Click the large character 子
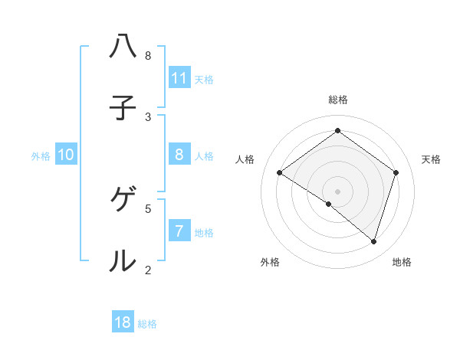click(x=123, y=108)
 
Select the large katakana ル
click(x=123, y=261)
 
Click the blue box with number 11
click(x=179, y=77)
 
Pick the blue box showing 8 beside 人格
click(x=179, y=155)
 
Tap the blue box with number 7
click(x=179, y=231)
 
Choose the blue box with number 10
click(x=66, y=155)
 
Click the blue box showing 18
click(x=123, y=322)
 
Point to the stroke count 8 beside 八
click(x=148, y=55)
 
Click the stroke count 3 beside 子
click(x=148, y=117)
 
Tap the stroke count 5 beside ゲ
click(x=148, y=208)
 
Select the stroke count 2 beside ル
click(x=148, y=270)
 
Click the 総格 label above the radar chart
click(x=338, y=100)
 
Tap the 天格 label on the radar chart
click(x=432, y=159)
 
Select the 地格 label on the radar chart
click(x=402, y=262)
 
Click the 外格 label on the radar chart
click(x=270, y=262)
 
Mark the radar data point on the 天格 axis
click(x=396, y=172)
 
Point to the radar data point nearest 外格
click(x=329, y=205)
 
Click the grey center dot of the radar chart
click(x=338, y=191)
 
